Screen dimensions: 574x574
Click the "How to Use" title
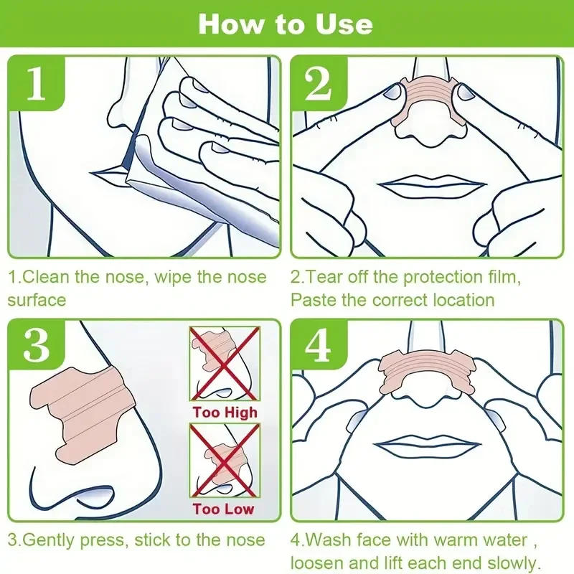(286, 24)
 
